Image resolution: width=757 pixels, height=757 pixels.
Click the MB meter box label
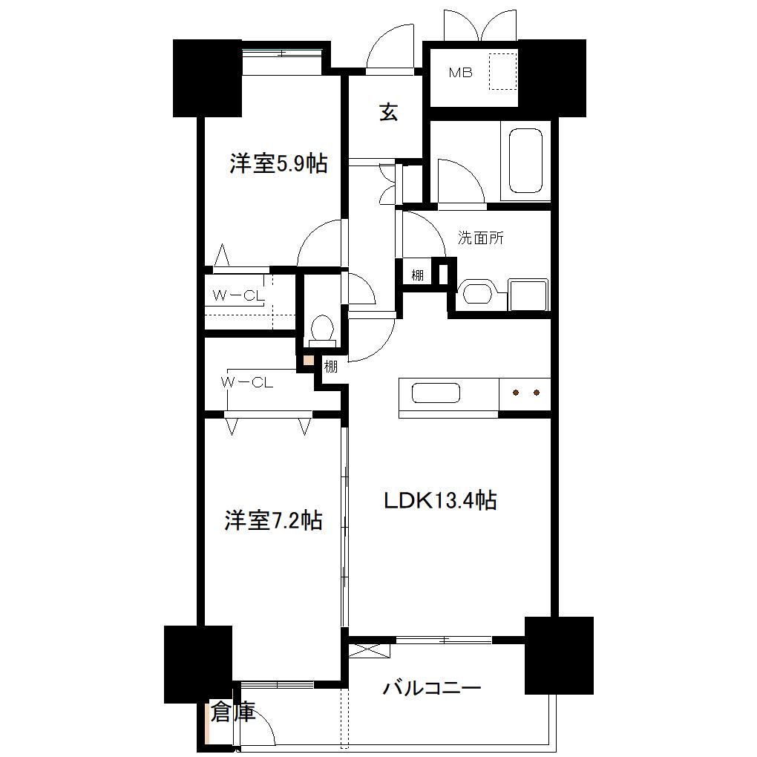pos(460,73)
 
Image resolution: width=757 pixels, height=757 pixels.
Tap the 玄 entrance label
pos(389,113)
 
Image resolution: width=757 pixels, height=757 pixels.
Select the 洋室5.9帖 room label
pos(278,163)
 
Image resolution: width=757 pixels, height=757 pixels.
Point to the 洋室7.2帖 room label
pos(273,520)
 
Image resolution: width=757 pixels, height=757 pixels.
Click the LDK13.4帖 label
pos(440,500)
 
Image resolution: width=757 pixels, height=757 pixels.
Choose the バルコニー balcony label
pos(432,687)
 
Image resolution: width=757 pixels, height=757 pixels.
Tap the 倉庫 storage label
pos(233,712)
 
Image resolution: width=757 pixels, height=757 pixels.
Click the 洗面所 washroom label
pos(480,238)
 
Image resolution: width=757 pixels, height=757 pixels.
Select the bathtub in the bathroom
pos(525,161)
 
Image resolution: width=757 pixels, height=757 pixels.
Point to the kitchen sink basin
pos(436,393)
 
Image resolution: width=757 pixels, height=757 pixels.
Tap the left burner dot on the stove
pos(516,393)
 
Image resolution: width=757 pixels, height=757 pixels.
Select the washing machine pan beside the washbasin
pos(528,295)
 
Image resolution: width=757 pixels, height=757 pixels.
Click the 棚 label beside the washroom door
pos(417,275)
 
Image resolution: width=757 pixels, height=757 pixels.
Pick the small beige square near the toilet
pos(307,360)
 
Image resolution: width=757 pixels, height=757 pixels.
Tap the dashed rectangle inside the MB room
pos(503,71)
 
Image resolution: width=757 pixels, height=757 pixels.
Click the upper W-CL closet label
pos(238,295)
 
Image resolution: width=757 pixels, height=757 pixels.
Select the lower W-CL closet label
pos(246,382)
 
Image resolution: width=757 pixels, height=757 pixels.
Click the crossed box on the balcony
pos(369,649)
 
